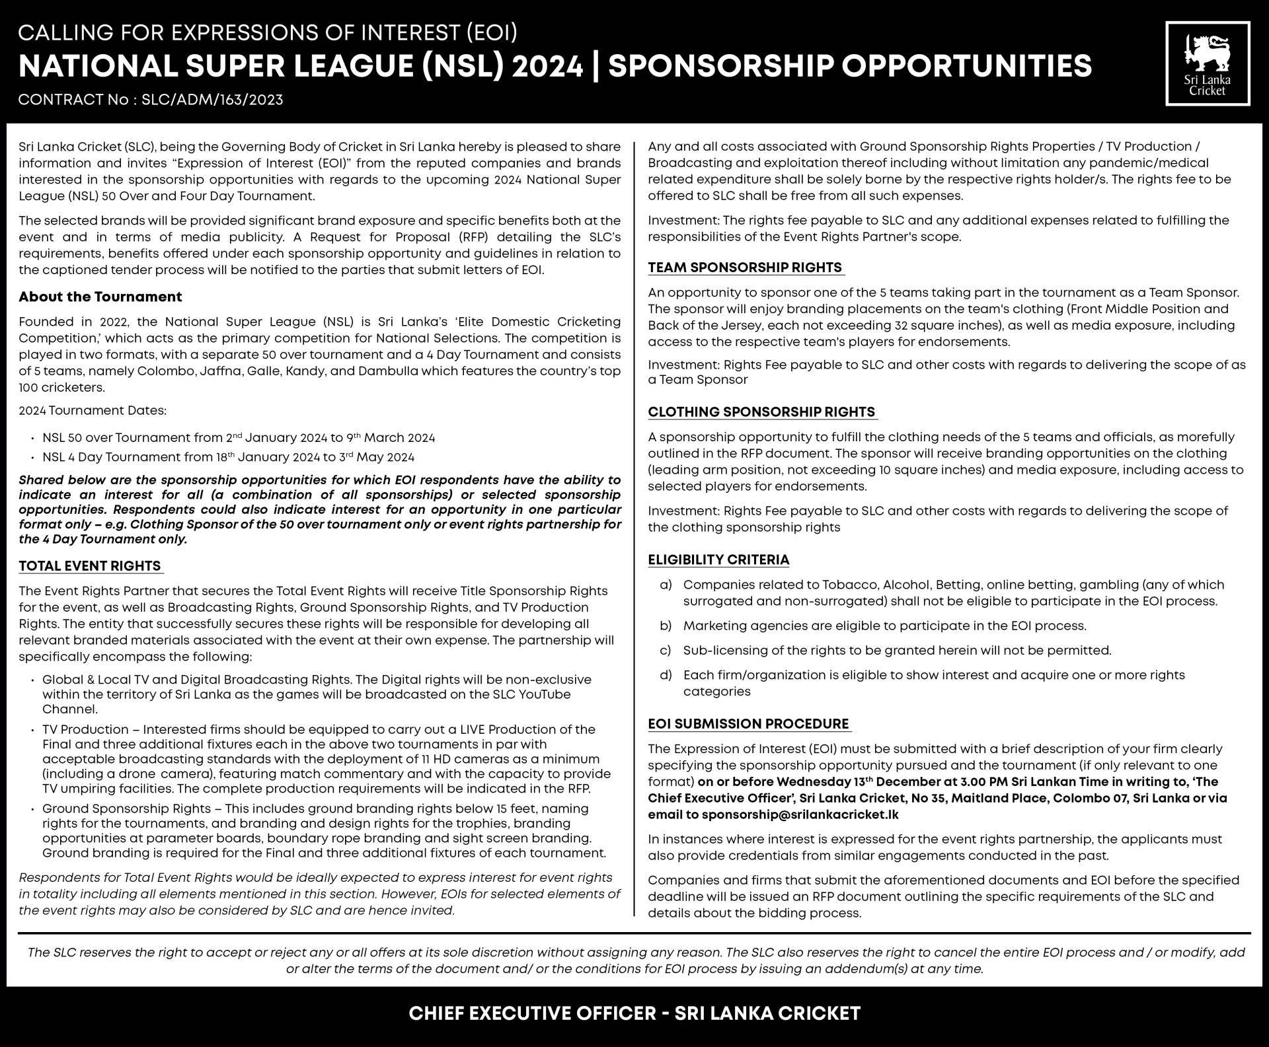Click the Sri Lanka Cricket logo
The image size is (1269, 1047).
(x=1208, y=63)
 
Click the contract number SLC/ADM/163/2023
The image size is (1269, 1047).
(x=212, y=100)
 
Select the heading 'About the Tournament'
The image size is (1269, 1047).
(x=100, y=297)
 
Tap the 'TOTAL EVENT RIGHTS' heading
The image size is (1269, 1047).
(x=90, y=566)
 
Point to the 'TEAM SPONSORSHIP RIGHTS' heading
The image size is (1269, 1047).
(x=745, y=268)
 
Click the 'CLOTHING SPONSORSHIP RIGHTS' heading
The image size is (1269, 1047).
(x=761, y=412)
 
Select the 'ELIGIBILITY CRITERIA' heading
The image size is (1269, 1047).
(x=718, y=560)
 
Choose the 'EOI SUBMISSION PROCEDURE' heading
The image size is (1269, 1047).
(x=748, y=724)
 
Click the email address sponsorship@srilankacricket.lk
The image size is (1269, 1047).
(x=800, y=814)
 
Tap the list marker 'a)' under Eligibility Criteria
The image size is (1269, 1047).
(x=666, y=585)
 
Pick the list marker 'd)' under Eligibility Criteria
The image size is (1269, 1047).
(x=666, y=675)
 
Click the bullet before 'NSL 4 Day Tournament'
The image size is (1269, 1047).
(x=32, y=458)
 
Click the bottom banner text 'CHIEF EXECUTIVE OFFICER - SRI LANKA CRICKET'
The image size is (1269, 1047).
(x=634, y=1013)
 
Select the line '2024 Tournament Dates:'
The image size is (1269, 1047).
(x=93, y=411)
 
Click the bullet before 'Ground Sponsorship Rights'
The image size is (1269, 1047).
(x=32, y=809)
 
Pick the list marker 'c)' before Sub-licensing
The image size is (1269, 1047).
(x=666, y=651)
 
